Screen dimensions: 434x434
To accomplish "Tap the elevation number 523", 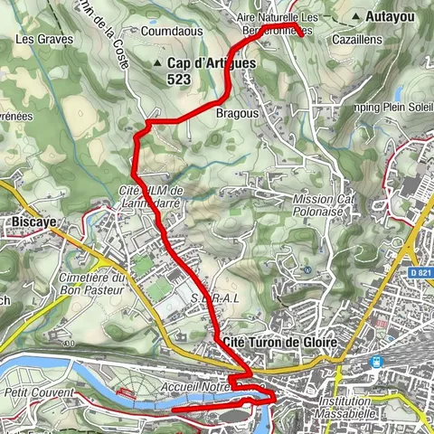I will coord(178,79).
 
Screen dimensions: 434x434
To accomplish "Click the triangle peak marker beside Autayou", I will coord(358,16).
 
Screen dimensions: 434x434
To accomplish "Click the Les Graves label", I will coord(37,40).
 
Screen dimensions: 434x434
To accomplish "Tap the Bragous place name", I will coord(238,114).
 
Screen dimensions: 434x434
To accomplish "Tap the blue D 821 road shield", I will coord(417,271).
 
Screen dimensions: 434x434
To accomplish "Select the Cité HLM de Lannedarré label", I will coord(152,196).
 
